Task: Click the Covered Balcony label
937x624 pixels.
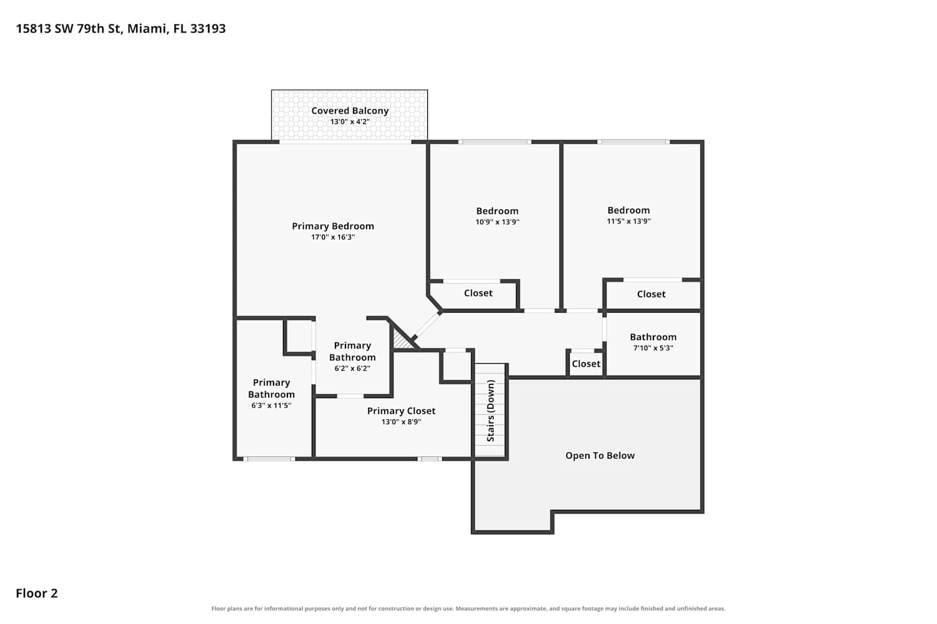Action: pos(350,110)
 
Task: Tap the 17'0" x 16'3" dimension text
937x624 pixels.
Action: pos(333,237)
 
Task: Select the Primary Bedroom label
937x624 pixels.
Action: pos(333,226)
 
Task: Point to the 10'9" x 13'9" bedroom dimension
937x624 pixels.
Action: pos(497,222)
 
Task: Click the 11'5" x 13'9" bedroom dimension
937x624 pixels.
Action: pos(628,221)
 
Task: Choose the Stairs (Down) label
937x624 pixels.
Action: pos(490,411)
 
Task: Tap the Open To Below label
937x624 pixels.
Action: pos(600,456)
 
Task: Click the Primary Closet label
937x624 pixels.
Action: pos(401,411)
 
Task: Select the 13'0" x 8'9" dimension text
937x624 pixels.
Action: pos(401,422)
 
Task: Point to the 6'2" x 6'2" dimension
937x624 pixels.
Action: pos(352,368)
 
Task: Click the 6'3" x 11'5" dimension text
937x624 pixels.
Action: pos(271,406)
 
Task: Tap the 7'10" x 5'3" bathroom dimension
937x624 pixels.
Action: pos(653,348)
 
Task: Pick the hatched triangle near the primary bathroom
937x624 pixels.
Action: pos(402,339)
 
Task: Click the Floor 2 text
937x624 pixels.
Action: pos(37,593)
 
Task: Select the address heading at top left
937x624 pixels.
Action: pos(121,29)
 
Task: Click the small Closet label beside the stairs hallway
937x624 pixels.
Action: pos(586,364)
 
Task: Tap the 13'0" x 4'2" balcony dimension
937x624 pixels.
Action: pos(350,122)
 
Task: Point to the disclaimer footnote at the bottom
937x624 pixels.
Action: pos(468,608)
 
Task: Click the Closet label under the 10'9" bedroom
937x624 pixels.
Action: pos(478,293)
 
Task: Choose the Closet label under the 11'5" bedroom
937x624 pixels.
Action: pos(652,295)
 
